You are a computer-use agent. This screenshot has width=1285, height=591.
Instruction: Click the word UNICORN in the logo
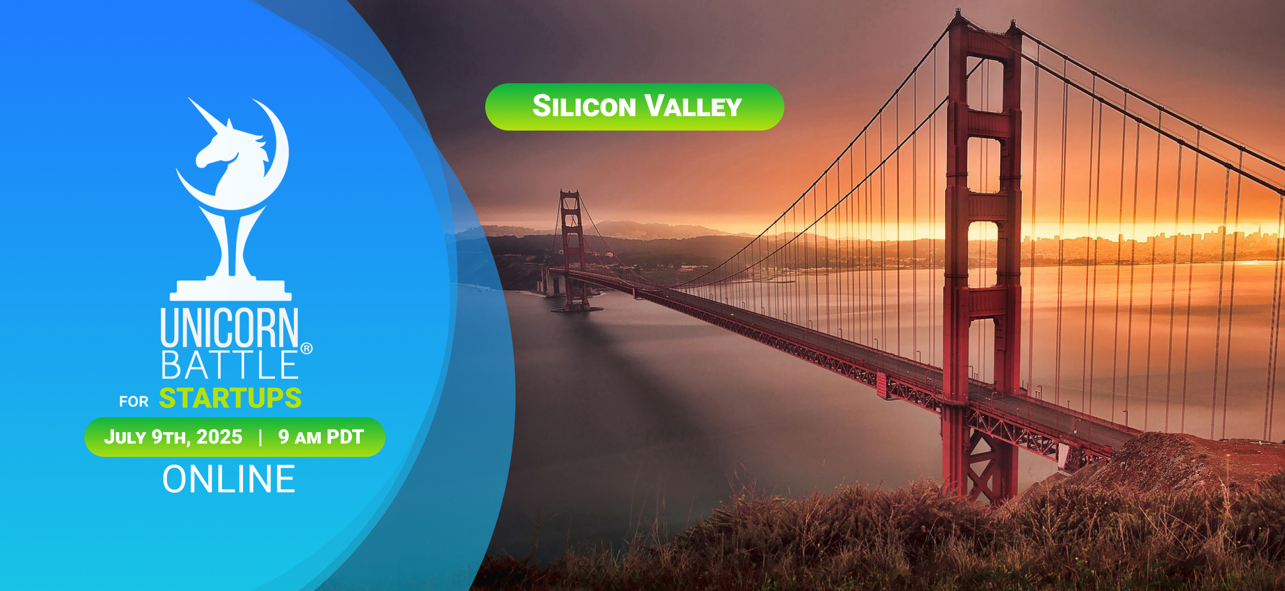(x=229, y=327)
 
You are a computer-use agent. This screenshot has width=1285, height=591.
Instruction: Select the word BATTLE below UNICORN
(x=229, y=365)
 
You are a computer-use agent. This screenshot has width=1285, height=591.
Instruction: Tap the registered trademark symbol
(x=306, y=348)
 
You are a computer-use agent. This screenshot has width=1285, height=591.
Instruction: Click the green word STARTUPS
(x=230, y=398)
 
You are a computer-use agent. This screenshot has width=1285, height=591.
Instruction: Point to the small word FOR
(x=134, y=401)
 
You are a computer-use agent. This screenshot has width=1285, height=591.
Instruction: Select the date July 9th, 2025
(x=173, y=437)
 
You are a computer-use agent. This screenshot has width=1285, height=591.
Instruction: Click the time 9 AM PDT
(x=321, y=437)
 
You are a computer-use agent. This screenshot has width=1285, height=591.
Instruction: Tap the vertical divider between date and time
(x=261, y=437)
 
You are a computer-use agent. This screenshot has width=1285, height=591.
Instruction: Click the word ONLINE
(x=229, y=479)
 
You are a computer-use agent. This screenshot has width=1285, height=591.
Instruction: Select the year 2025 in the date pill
(x=219, y=437)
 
